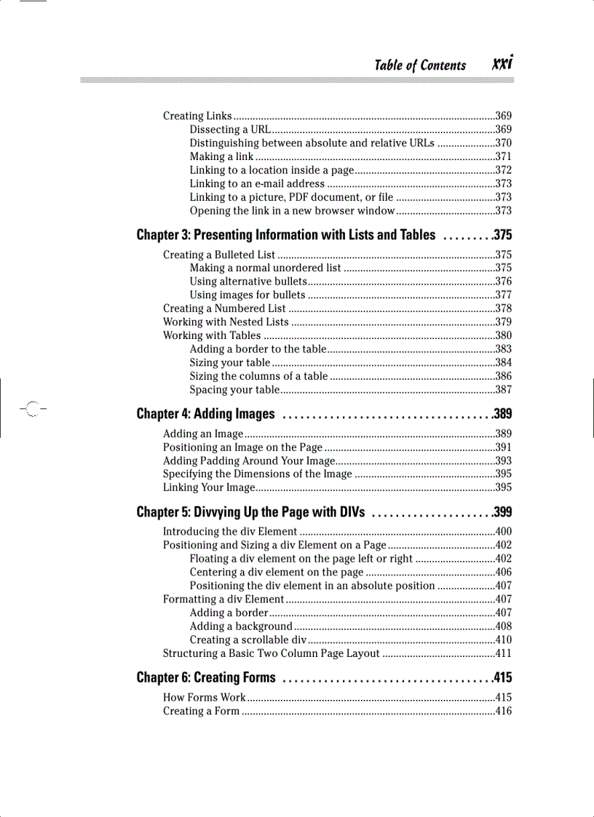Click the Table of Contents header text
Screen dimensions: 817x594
[420, 65]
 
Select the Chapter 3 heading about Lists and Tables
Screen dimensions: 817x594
[286, 235]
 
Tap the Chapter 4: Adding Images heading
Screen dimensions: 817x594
[205, 415]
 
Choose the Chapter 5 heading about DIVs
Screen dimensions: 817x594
[250, 511]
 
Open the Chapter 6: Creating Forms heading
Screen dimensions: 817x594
[206, 678]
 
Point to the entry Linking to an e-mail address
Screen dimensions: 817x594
[257, 184]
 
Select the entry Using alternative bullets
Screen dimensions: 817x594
[247, 282]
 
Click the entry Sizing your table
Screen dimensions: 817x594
[230, 363]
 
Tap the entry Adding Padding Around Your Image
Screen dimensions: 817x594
[248, 461]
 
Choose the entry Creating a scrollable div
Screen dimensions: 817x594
[247, 640]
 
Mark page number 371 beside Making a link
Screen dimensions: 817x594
[503, 157]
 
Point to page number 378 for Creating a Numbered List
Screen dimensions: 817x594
[503, 308]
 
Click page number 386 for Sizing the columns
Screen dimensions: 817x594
[503, 376]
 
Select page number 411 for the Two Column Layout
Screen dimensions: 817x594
[503, 653]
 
